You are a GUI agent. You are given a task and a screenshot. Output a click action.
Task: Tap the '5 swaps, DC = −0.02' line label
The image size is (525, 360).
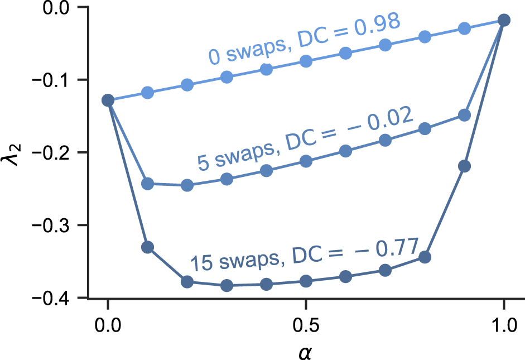(304, 138)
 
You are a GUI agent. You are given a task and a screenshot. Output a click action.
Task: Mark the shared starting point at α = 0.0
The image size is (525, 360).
(108, 100)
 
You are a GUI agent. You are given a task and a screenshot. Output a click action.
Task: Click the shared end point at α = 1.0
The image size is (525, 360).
(504, 20)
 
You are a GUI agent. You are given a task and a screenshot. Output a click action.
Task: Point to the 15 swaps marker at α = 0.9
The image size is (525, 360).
(464, 166)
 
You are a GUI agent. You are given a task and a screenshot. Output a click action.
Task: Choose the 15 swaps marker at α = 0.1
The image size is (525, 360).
(147, 247)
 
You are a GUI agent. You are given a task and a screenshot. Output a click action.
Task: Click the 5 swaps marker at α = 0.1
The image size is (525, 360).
(147, 184)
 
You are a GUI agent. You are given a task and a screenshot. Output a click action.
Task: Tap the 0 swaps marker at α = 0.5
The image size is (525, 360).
(306, 61)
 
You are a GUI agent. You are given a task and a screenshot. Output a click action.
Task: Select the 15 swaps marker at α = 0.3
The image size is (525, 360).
(227, 286)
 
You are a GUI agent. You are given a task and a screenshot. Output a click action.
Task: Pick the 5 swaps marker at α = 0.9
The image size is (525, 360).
(464, 115)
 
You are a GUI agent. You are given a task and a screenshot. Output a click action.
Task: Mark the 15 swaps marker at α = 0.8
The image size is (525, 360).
(425, 257)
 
